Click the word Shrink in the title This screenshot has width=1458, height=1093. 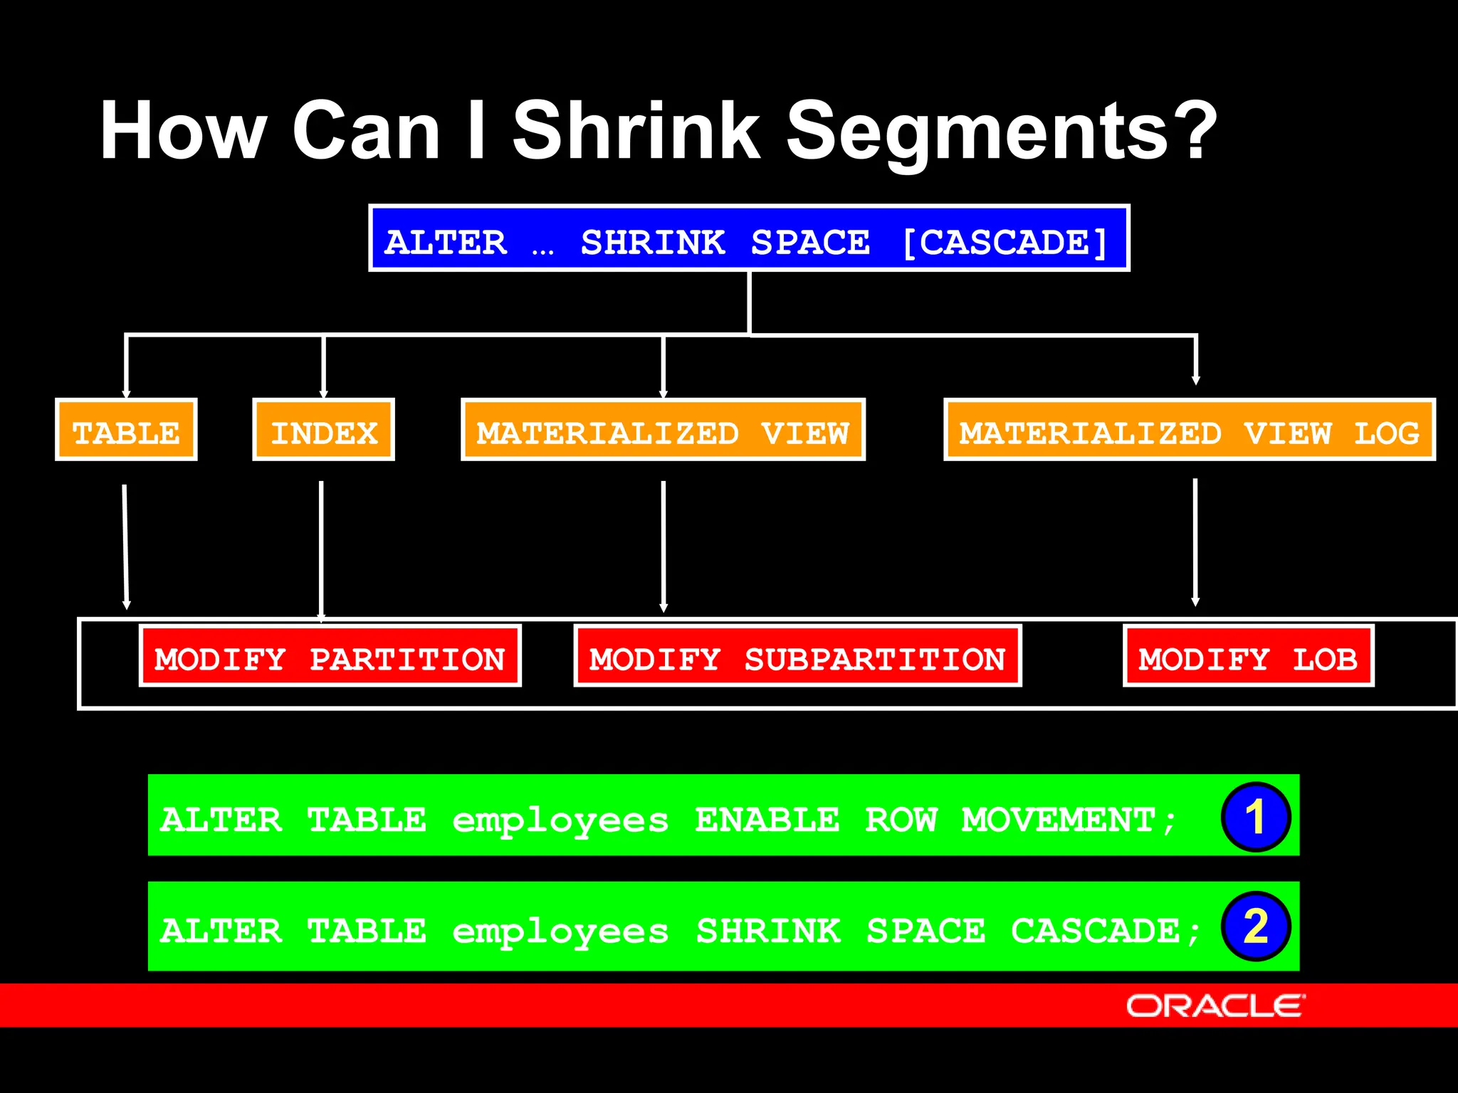636,132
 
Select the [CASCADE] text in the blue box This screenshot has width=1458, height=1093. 1005,243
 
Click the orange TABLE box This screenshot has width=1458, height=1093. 126,431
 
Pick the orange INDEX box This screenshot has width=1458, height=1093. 323,431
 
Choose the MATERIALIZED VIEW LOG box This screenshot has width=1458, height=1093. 1189,431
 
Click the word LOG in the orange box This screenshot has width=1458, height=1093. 1385,433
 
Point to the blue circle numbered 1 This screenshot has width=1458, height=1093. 1255,817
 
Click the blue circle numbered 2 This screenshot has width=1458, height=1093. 1255,926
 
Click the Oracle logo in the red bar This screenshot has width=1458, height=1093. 1215,1006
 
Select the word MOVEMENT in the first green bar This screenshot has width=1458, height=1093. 1059,820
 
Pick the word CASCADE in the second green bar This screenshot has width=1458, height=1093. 1095,931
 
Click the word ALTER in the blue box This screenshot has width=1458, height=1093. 446,243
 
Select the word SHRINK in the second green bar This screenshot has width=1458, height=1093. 767,931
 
